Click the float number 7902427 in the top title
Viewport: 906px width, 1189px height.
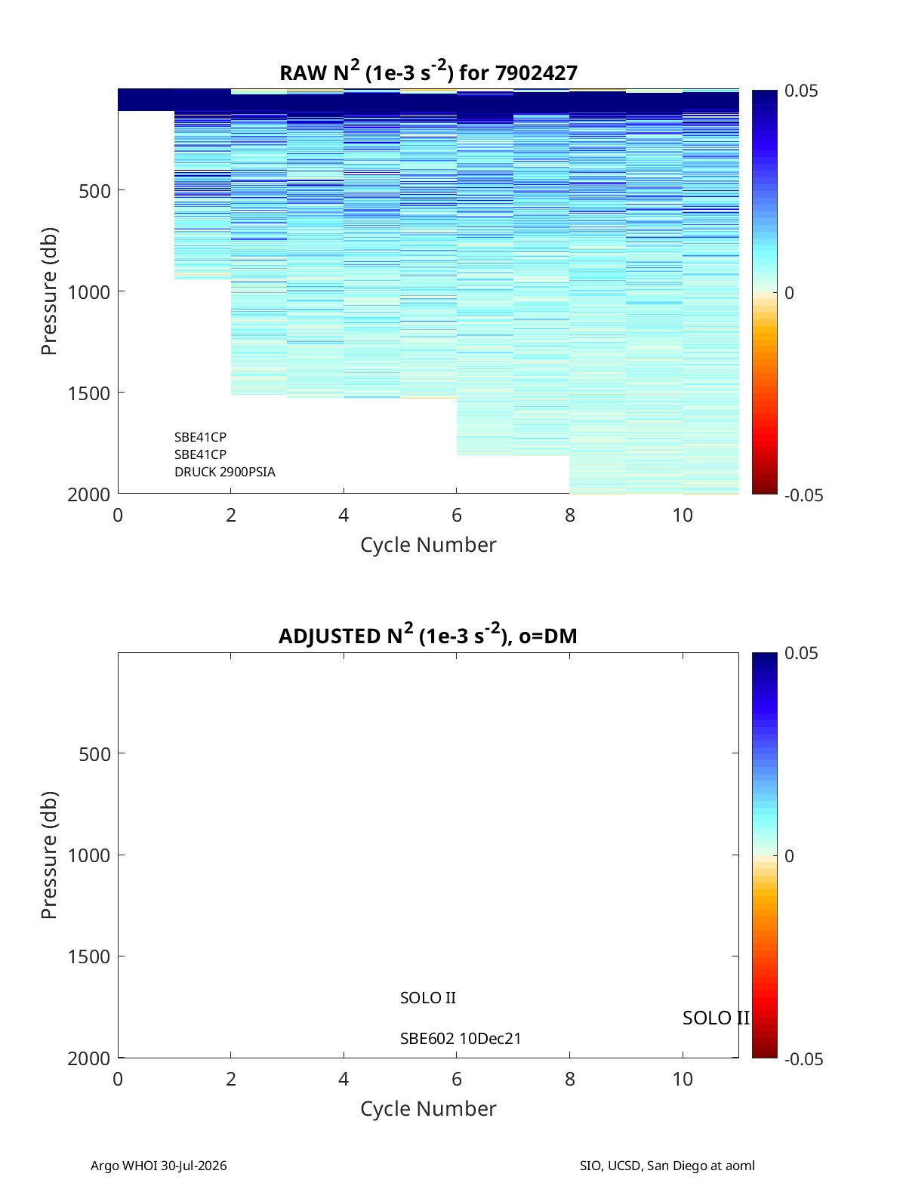[x=535, y=73]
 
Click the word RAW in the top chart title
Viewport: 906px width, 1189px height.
[x=304, y=73]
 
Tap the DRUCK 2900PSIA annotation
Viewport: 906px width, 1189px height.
[x=225, y=472]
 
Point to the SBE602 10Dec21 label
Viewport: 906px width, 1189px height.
[x=461, y=1039]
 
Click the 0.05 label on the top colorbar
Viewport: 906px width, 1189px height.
[x=801, y=91]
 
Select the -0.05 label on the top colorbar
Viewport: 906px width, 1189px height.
[x=803, y=495]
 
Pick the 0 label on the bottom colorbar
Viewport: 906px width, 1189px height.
[x=789, y=856]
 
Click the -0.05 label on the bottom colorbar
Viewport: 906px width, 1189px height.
[x=803, y=1059]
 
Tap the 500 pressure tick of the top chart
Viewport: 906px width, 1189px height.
[x=95, y=191]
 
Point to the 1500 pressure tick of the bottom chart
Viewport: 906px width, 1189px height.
[x=89, y=956]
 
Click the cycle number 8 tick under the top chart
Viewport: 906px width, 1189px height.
[x=570, y=515]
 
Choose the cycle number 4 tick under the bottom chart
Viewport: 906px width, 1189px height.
[x=344, y=1079]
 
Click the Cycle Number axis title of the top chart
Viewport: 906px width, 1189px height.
[x=428, y=545]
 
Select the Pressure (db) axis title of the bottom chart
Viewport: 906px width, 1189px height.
[x=49, y=855]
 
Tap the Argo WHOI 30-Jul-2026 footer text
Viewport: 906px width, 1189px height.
[x=159, y=1166]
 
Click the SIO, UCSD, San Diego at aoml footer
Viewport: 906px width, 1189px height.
[x=667, y=1166]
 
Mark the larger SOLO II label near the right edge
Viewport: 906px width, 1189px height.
[x=716, y=1018]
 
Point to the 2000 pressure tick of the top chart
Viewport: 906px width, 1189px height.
[x=89, y=494]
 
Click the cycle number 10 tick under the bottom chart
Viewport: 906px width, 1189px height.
[x=683, y=1079]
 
